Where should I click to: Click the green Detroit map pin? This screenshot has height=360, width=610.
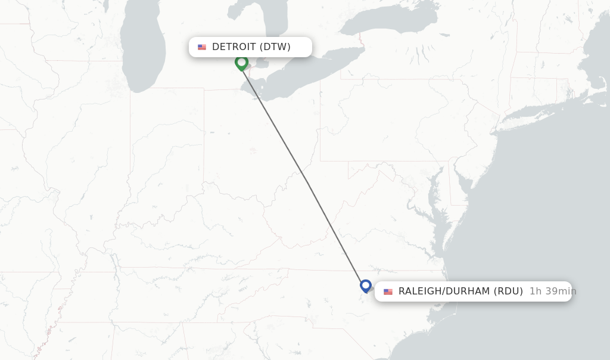(x=241, y=62)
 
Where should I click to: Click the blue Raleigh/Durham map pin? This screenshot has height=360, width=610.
(x=366, y=285)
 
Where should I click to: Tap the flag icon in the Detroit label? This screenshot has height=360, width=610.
(x=202, y=47)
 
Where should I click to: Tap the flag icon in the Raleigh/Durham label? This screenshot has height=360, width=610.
(x=388, y=291)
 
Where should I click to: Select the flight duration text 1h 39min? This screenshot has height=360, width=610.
(x=552, y=291)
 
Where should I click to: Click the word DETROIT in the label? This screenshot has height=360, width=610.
(x=234, y=47)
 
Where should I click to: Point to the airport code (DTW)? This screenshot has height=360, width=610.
(x=275, y=47)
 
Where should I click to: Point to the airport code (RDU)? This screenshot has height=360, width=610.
(x=508, y=291)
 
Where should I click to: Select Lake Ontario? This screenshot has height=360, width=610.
(x=393, y=21)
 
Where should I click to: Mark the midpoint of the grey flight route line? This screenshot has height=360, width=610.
(x=304, y=174)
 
